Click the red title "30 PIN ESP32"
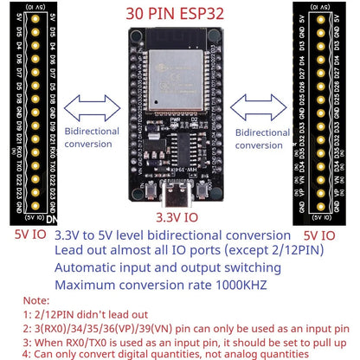[179, 14]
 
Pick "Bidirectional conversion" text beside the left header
[93, 138]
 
